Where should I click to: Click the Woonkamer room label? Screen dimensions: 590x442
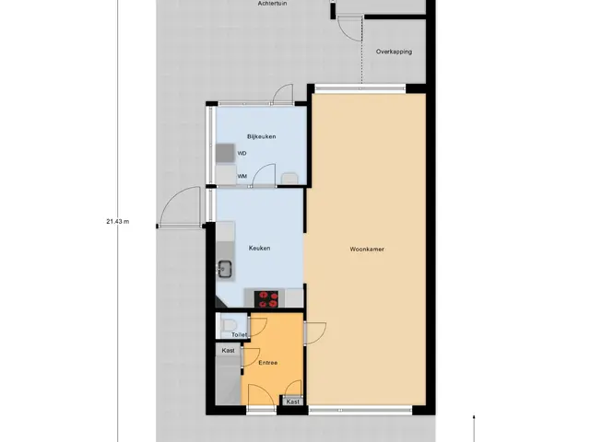[367, 249]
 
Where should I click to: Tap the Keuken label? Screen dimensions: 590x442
[259, 248]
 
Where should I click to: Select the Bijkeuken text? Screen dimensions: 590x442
[262, 136]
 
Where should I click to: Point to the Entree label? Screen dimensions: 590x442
[268, 363]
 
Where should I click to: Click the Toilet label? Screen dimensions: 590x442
[240, 334]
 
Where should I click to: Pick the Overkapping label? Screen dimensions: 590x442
[394, 52]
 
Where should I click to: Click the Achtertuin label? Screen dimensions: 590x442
[273, 3]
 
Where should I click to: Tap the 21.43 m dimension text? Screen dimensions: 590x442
[118, 221]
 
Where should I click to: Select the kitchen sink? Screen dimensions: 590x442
[225, 269]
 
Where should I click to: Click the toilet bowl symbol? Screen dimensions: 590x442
[229, 325]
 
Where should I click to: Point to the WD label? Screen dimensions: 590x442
[242, 154]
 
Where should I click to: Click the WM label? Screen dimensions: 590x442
[242, 176]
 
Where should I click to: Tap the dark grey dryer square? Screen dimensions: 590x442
[225, 153]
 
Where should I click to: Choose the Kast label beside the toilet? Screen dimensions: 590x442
[228, 350]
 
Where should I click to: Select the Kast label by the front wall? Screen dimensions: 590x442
[293, 401]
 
